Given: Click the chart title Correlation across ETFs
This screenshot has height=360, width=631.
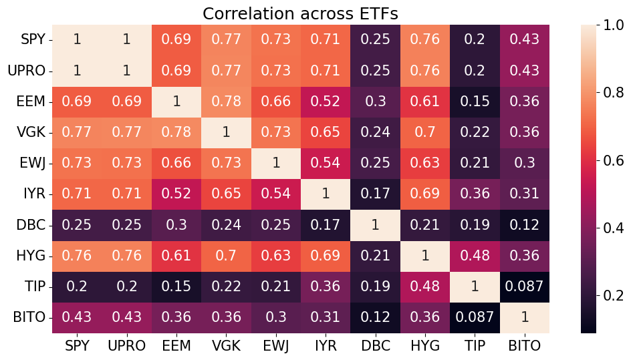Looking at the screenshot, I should click(x=301, y=13).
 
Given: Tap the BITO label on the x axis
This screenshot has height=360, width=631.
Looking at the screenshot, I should click(x=525, y=346).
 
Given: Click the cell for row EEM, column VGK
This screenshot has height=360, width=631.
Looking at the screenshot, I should click(x=226, y=102).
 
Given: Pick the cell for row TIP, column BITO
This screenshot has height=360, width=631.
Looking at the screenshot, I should click(x=525, y=287).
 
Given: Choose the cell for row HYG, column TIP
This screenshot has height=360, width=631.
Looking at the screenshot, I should click(x=475, y=256).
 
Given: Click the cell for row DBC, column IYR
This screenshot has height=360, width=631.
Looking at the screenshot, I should click(x=326, y=225).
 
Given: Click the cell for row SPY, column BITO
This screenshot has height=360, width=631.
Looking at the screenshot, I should click(x=525, y=39).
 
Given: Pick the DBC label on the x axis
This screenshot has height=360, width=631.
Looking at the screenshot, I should click(x=375, y=346).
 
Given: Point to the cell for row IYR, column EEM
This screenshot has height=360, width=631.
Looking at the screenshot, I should click(x=176, y=194).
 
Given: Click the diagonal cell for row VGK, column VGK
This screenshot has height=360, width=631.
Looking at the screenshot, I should click(x=226, y=132).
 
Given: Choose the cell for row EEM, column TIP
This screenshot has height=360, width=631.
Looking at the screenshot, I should click(x=475, y=102).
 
